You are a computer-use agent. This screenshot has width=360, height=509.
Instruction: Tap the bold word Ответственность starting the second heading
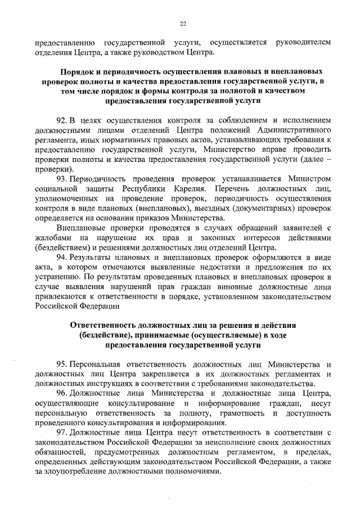click(x=103, y=326)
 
